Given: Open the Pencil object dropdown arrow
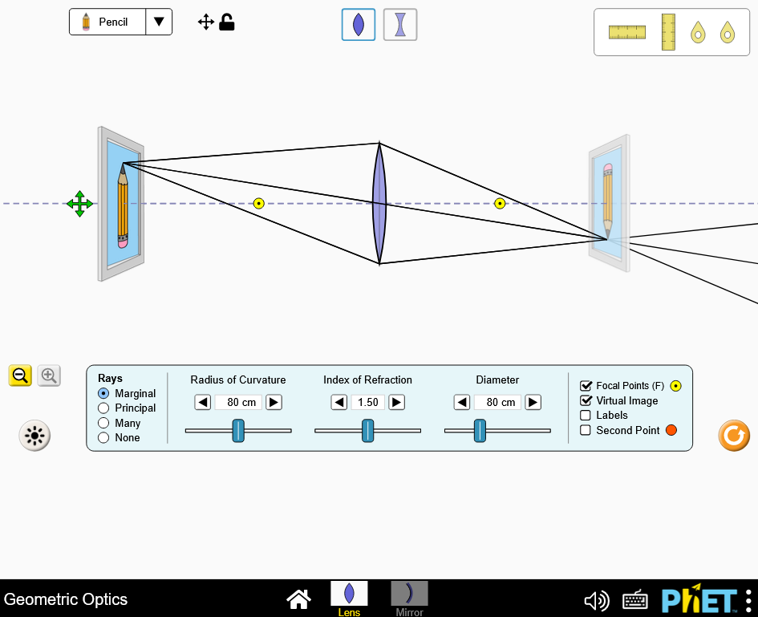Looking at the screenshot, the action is click(x=159, y=22).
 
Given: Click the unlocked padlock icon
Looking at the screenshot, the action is click(x=227, y=22).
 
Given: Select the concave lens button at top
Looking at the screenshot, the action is click(x=400, y=25).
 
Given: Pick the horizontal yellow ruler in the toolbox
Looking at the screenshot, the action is click(x=627, y=32).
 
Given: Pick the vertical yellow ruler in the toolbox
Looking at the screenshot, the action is click(x=668, y=32).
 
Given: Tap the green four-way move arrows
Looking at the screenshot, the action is click(x=79, y=204).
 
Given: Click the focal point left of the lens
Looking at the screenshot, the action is click(x=258, y=204).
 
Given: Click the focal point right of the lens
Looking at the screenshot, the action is click(x=500, y=204).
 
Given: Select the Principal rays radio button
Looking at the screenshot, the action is click(x=103, y=408).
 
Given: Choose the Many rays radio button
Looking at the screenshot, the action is click(x=103, y=423).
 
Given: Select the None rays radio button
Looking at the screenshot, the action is click(x=103, y=437).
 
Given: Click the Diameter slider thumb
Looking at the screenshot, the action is click(x=480, y=430).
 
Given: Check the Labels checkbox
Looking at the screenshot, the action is click(x=586, y=416).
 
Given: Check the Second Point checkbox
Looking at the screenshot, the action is click(x=586, y=430).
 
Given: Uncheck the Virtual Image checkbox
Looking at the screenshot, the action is click(x=586, y=400).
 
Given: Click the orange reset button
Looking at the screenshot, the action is click(x=734, y=435).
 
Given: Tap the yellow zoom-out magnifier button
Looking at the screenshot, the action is click(x=20, y=375).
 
